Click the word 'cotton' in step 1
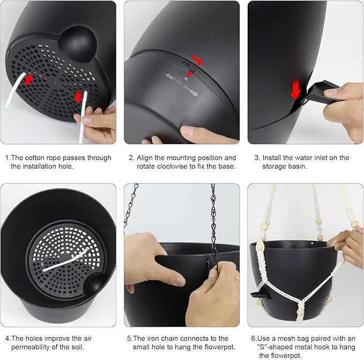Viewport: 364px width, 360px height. [35, 158]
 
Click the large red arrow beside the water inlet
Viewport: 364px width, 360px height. [295, 89]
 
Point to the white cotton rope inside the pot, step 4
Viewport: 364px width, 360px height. [65, 260]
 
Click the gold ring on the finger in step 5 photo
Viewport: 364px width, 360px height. [237, 278]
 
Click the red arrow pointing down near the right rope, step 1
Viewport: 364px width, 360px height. [78, 97]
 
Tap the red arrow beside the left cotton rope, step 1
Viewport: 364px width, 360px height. [29, 79]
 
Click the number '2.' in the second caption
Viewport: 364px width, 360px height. [131, 158]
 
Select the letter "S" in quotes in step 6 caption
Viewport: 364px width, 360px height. [262, 347]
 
